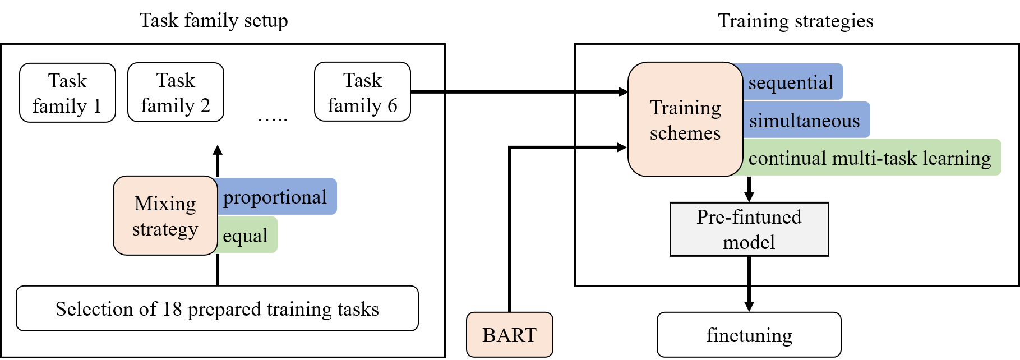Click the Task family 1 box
coord(67,93)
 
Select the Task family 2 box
coord(176,93)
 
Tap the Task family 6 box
coord(362,92)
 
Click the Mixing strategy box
coord(165,216)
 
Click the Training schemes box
coord(685,119)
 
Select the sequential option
coord(791,82)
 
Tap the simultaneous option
coord(804,121)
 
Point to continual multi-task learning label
coord(869,158)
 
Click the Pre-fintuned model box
coord(749,229)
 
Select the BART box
coord(509,335)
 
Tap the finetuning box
coord(749,335)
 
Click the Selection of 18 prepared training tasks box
coord(217,308)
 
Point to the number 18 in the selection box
coord(172,309)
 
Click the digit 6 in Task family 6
coord(392,105)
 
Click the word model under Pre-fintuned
coord(749,242)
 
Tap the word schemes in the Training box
coord(685,133)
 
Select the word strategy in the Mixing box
coord(165,229)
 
